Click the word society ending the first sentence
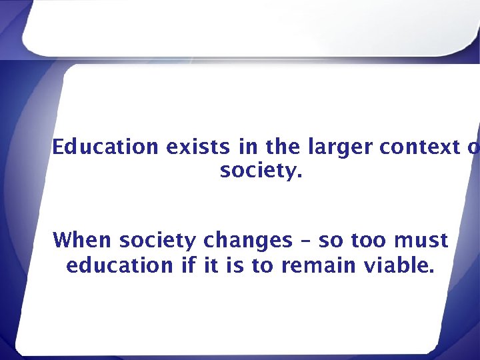[x=261, y=173]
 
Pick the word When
[x=79, y=239]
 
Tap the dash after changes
[x=306, y=241]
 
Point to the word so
[x=330, y=241]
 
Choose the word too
[x=367, y=240]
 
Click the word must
[x=421, y=240]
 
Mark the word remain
[x=320, y=265]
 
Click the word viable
[x=399, y=265]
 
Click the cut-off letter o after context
[x=473, y=148]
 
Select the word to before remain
[x=262, y=265]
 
